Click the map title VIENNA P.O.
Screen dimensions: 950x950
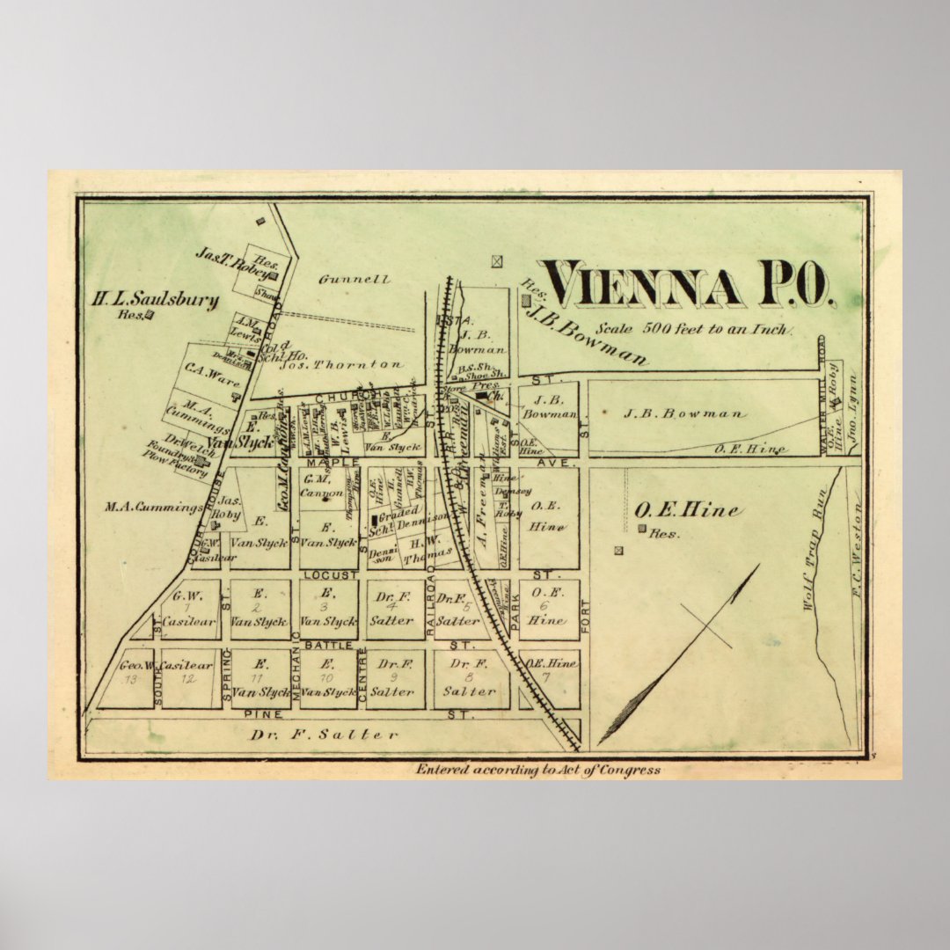coord(685,285)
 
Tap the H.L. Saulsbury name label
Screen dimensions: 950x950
coord(156,299)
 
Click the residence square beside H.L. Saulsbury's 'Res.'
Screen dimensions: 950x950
coord(150,314)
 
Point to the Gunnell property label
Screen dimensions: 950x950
coord(354,280)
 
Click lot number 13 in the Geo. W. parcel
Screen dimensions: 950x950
coord(130,679)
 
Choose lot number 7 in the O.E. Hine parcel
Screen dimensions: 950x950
coord(545,677)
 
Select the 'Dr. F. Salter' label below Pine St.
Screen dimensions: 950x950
coord(325,734)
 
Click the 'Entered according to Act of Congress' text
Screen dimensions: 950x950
coord(537,770)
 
